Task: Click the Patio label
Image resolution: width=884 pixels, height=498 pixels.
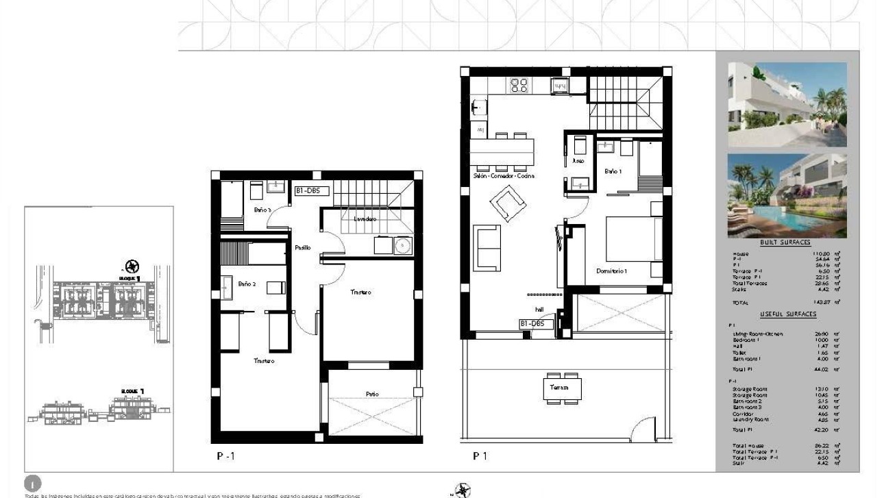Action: [372, 394]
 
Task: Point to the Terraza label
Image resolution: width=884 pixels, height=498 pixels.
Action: [554, 388]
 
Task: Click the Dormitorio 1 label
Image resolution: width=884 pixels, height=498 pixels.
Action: [612, 271]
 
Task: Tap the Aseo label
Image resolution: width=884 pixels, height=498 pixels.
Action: [578, 162]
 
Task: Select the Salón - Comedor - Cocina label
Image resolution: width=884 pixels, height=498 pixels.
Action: [504, 176]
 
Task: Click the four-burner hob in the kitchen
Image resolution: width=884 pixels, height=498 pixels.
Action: [519, 86]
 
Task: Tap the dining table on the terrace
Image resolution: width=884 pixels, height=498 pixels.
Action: [563, 388]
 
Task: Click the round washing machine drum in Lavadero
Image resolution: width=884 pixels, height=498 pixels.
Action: [403, 245]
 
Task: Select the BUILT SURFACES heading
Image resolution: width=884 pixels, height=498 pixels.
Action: [785, 242]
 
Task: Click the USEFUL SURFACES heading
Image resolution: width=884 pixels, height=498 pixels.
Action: [788, 314]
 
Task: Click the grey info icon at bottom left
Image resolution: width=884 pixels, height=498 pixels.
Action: [32, 483]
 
